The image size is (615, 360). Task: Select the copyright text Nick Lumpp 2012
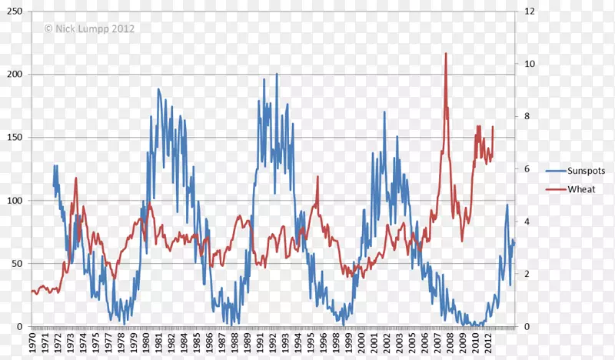coord(89,28)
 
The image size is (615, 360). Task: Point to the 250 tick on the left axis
coord(14,12)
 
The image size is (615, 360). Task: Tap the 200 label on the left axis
coord(14,75)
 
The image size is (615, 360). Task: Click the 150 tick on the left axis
coord(14,138)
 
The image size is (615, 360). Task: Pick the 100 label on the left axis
coord(14,201)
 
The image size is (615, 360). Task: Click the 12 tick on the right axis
coord(530,12)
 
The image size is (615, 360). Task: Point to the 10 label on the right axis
coord(530,64)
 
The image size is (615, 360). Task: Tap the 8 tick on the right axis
coord(527,117)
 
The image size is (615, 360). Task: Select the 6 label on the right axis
coord(527,169)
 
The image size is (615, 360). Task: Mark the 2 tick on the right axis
coord(527,275)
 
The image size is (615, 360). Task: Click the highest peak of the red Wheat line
coord(445,54)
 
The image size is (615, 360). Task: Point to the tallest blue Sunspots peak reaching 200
coord(277,75)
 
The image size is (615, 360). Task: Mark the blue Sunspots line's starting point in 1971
coord(53,185)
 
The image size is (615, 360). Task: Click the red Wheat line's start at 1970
coord(32,292)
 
